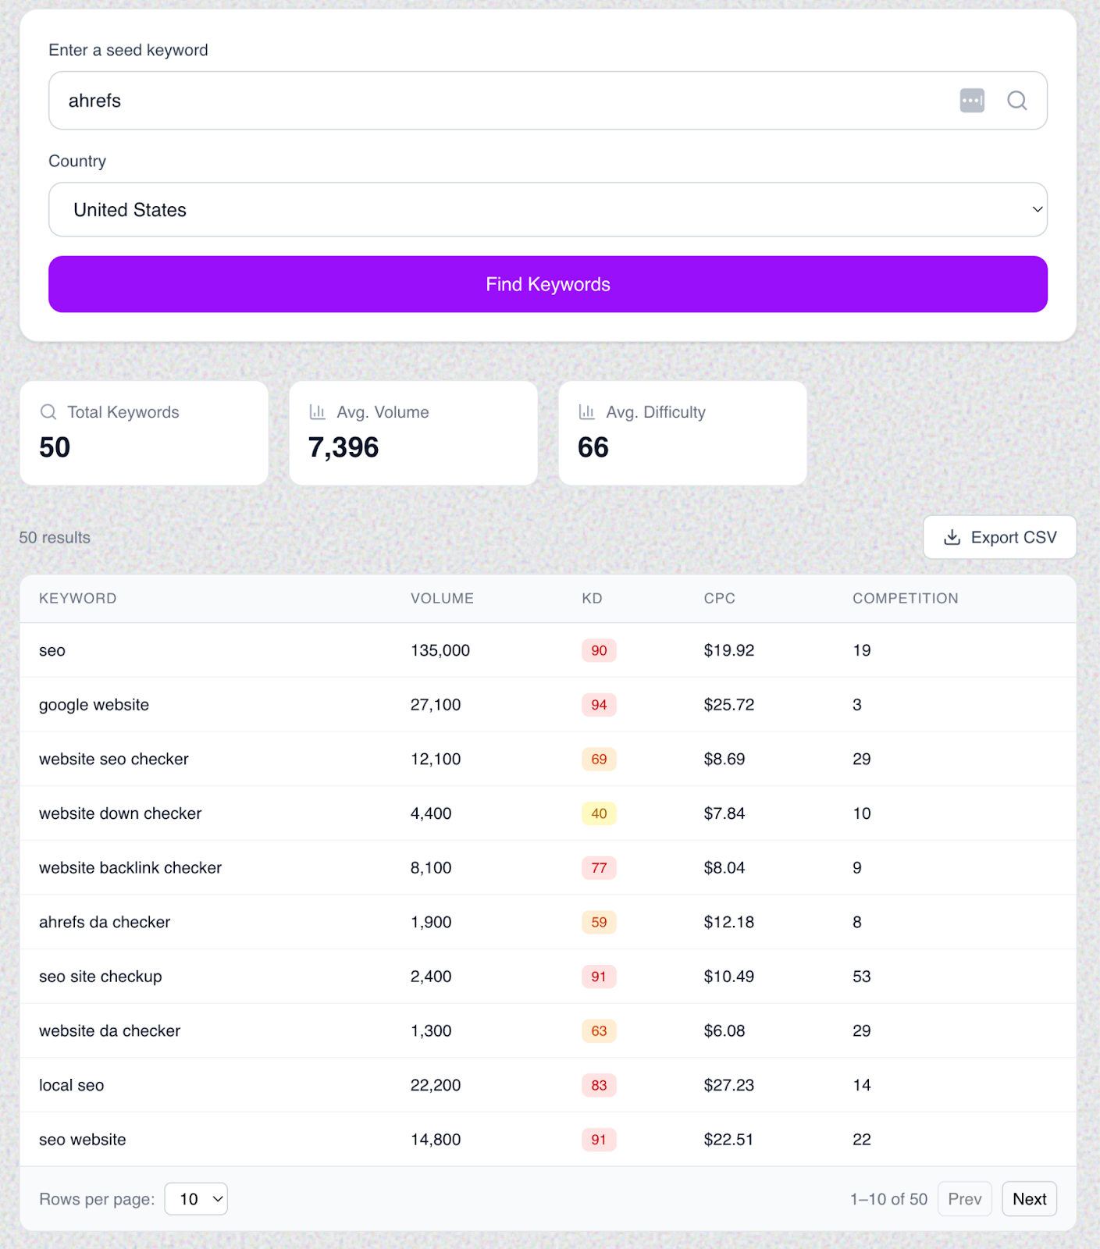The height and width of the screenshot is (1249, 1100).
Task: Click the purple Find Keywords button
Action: (x=547, y=284)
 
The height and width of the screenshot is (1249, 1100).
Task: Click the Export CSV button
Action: (x=999, y=537)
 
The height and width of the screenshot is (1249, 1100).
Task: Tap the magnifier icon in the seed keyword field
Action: (x=1016, y=101)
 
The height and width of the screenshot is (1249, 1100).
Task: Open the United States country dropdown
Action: (x=547, y=210)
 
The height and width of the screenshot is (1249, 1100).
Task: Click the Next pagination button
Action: (x=1029, y=1199)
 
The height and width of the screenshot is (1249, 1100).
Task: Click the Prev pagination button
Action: (x=964, y=1199)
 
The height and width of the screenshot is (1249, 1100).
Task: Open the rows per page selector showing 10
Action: (x=196, y=1199)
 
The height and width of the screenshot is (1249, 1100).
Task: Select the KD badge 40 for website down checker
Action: (x=599, y=813)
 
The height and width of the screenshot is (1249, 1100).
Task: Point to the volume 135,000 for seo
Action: (x=440, y=650)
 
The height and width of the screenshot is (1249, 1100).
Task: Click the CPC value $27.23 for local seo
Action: (x=728, y=1085)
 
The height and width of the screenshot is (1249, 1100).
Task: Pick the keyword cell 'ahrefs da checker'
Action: (x=105, y=922)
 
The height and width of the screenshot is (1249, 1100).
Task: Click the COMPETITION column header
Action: (x=905, y=599)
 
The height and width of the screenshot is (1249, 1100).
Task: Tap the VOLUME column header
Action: (x=442, y=599)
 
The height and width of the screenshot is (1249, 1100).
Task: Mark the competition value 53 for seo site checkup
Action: (x=861, y=977)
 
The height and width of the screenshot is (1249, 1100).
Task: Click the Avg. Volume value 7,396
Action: (x=344, y=447)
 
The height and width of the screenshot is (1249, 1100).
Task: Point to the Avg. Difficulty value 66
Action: (x=593, y=447)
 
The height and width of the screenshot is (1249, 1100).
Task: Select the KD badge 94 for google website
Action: (x=599, y=705)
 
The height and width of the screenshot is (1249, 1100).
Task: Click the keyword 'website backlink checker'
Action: (x=130, y=868)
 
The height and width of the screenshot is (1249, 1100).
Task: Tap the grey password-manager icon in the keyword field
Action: (x=972, y=101)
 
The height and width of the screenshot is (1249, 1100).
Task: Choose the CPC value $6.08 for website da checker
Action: (x=724, y=1031)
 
